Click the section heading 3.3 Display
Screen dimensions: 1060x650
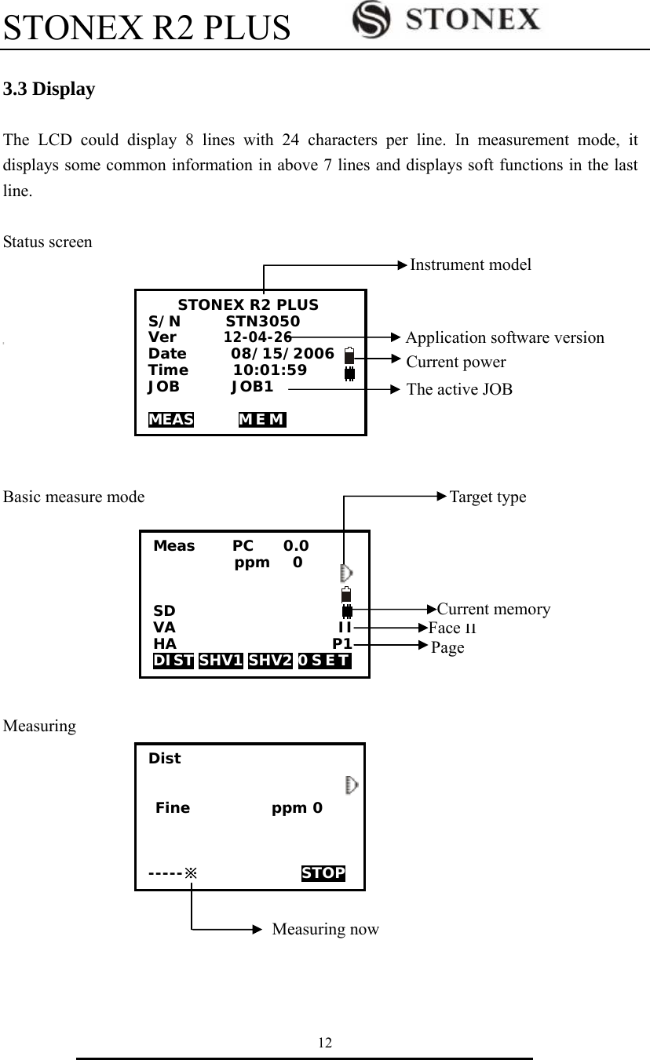click(x=49, y=89)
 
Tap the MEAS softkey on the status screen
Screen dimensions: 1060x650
click(x=171, y=419)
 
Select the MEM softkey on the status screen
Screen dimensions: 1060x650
click(x=261, y=419)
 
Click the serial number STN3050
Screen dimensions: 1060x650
click(x=262, y=322)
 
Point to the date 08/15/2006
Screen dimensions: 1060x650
click(x=282, y=354)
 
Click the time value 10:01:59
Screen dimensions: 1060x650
click(x=270, y=370)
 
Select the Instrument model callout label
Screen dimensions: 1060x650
click(x=470, y=265)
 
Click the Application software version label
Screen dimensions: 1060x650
click(x=505, y=338)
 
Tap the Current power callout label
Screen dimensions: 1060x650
click(x=456, y=362)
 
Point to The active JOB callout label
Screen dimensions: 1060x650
click(x=459, y=389)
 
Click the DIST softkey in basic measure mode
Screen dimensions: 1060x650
click(x=173, y=661)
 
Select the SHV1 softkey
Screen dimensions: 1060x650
click(x=221, y=661)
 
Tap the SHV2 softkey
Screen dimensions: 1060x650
click(x=270, y=661)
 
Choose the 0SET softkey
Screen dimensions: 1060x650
click(x=324, y=661)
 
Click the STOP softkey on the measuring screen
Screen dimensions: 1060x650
click(x=323, y=873)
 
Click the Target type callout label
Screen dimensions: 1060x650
click(x=487, y=497)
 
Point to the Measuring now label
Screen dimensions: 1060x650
click(x=325, y=930)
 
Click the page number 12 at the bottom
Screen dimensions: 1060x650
click(x=324, y=1043)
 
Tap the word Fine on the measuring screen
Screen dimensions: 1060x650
click(x=173, y=808)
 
